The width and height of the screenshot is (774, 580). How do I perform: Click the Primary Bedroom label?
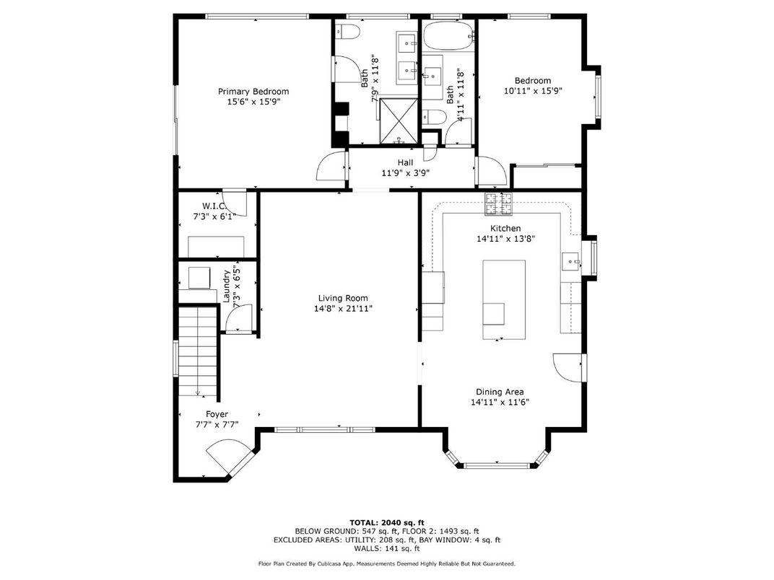click(x=253, y=92)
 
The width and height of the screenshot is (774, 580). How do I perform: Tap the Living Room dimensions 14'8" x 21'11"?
click(x=343, y=309)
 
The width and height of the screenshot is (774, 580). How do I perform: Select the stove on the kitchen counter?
click(x=499, y=204)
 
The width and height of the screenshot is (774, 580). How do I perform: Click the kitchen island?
click(x=503, y=299)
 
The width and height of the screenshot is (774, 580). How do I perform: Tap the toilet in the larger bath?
click(x=348, y=33)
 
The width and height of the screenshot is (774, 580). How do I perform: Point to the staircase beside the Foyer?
click(x=197, y=351)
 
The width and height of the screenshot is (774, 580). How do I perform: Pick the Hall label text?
click(x=405, y=163)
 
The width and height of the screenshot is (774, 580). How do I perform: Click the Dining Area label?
click(x=500, y=392)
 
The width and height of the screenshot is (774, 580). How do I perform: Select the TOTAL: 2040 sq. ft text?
click(x=386, y=522)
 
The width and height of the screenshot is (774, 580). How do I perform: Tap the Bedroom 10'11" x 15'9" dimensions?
click(x=533, y=92)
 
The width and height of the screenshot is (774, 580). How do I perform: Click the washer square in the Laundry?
click(x=198, y=278)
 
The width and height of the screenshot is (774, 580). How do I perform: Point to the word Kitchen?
click(x=505, y=229)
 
